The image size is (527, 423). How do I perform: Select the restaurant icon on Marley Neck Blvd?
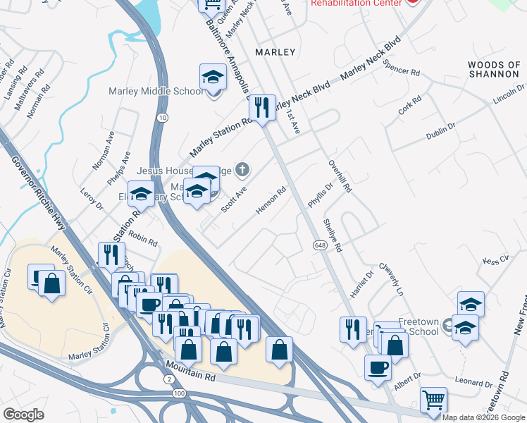tap(262, 108)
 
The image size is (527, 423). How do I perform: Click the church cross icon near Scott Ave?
tap(242, 168)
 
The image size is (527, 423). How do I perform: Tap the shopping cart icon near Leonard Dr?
tap(433, 400)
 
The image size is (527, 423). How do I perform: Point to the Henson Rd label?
tap(271, 202)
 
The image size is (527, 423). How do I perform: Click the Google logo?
tap(23, 415)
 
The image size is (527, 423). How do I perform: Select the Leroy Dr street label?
tap(92, 201)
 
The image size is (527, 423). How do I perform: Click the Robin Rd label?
tap(143, 241)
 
